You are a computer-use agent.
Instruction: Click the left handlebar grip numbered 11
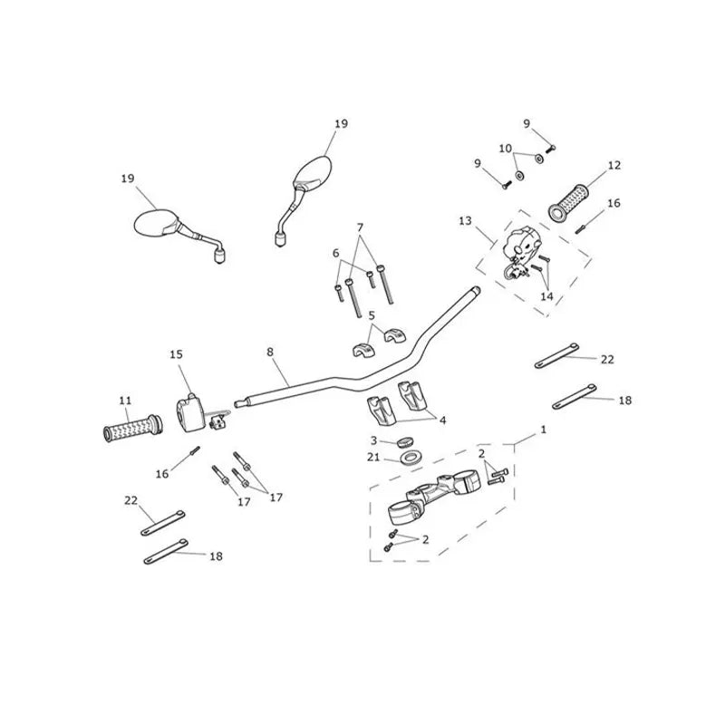point(132,428)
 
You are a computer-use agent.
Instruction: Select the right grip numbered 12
point(569,203)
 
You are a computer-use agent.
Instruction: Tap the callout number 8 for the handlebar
point(270,352)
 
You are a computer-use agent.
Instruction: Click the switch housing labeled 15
point(190,413)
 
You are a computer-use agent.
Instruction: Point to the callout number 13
point(465,220)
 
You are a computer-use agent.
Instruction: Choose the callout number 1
point(543,429)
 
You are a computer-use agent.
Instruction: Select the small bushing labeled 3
point(404,442)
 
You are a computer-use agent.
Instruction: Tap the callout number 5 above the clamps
point(372,315)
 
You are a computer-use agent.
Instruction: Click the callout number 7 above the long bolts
point(360,227)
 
